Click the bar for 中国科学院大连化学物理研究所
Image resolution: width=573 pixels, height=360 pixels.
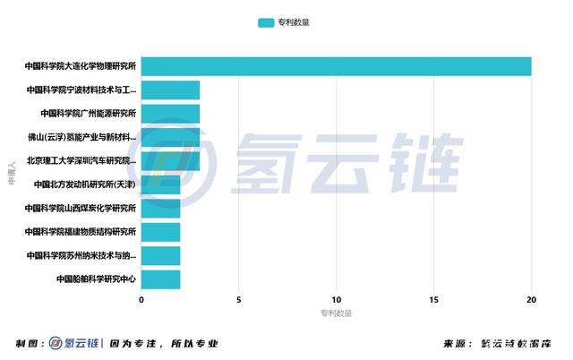(x=336, y=66)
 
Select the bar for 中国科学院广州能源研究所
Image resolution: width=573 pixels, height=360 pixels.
(x=170, y=114)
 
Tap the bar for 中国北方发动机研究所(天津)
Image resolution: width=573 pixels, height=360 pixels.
(x=161, y=184)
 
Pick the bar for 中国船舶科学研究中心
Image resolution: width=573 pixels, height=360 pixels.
(x=161, y=279)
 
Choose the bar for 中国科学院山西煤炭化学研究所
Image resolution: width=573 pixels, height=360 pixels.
(x=161, y=209)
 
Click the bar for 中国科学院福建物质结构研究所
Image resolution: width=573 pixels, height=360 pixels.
(x=161, y=232)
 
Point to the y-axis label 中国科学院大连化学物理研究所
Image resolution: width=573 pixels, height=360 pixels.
(x=81, y=66)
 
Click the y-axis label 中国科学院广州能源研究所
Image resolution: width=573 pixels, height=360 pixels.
(x=89, y=114)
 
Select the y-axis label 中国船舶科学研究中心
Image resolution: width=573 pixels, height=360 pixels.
(x=96, y=279)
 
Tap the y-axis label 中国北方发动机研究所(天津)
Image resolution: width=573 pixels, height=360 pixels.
(x=85, y=184)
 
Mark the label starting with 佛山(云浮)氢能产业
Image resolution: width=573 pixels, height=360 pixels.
(x=82, y=138)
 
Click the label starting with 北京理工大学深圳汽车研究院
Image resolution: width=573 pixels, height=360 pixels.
(x=81, y=161)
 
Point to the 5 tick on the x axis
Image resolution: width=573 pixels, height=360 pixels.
(x=239, y=300)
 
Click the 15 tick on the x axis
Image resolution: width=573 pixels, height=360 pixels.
(x=434, y=300)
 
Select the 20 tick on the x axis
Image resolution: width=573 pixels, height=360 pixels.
(x=532, y=300)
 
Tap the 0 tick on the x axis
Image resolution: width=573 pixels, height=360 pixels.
(x=141, y=300)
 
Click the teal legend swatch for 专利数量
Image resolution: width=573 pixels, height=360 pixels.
(x=266, y=23)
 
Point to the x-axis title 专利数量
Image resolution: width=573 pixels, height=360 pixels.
(x=336, y=313)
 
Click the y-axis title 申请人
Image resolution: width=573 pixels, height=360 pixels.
(x=12, y=173)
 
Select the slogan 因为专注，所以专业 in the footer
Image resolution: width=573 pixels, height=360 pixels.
(x=164, y=344)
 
